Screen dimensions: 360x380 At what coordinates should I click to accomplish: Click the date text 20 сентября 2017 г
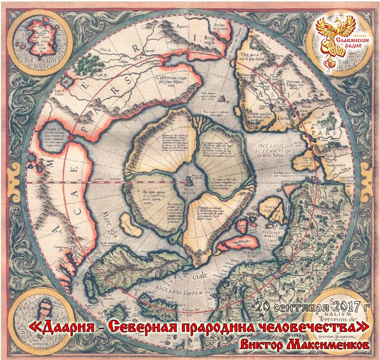point(312,307)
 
